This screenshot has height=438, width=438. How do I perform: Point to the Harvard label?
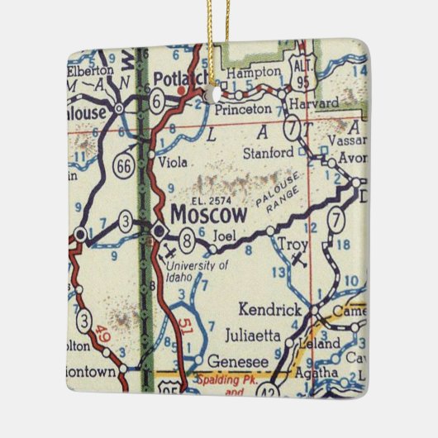315,103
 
